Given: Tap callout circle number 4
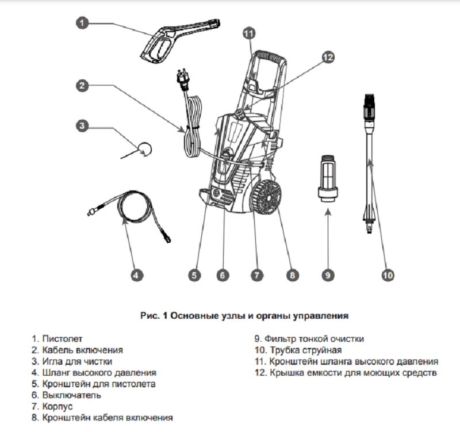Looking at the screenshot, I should [x=136, y=275].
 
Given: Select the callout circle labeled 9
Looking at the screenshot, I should [x=327, y=275].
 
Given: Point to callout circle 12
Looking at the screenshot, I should [x=327, y=57].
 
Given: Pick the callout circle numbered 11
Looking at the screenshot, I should [x=248, y=34].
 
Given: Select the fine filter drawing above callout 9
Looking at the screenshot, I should [x=327, y=177].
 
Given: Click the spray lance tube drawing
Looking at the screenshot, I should [x=369, y=161].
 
